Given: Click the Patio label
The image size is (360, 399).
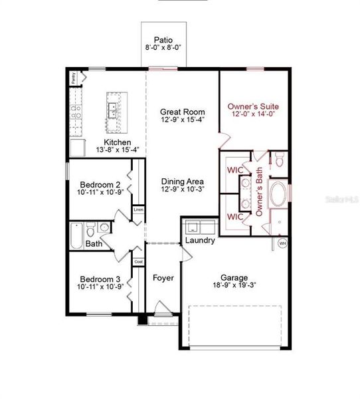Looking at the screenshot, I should pyautogui.click(x=163, y=40).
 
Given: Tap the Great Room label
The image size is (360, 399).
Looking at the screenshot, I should pyautogui.click(x=183, y=112).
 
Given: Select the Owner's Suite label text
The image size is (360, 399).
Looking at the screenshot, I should pyautogui.click(x=253, y=106).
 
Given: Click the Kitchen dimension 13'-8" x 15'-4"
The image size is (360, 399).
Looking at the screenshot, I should pyautogui.click(x=118, y=150).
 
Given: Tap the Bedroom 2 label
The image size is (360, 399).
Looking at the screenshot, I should pyautogui.click(x=100, y=184).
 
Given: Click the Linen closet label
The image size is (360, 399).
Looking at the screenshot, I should pyautogui.click(x=138, y=210).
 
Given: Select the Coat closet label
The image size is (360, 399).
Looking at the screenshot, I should pyautogui.click(x=138, y=261).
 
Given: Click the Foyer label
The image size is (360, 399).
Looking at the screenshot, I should pyautogui.click(x=163, y=277).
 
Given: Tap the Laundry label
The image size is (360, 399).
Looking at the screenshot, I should pyautogui.click(x=199, y=240).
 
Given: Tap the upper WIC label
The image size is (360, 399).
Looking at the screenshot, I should pyautogui.click(x=235, y=170).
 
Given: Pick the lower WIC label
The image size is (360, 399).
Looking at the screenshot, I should pyautogui.click(x=235, y=217).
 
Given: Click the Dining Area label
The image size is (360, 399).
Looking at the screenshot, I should pyautogui.click(x=183, y=181).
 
